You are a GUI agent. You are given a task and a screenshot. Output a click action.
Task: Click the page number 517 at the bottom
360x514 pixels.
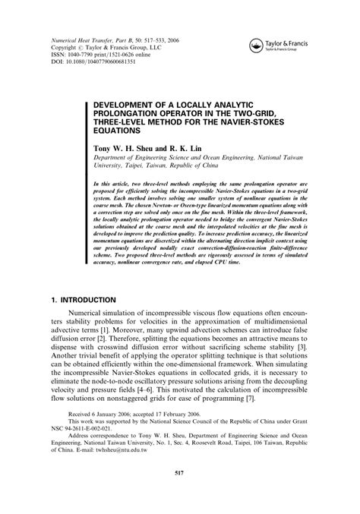click(179, 494)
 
